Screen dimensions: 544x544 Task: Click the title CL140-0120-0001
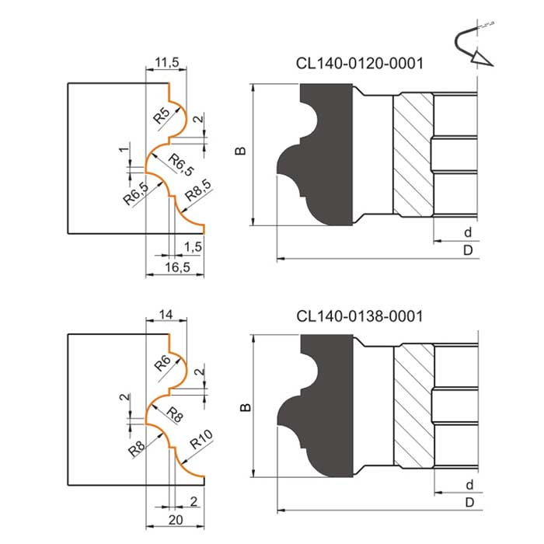click(359, 64)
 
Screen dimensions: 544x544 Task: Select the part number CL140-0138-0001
click(359, 316)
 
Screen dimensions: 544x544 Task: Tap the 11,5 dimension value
click(167, 62)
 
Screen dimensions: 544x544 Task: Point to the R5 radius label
click(162, 116)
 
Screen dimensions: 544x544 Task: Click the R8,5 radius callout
click(198, 190)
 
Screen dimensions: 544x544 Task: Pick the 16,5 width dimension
click(177, 267)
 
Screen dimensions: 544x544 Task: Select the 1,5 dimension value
click(193, 246)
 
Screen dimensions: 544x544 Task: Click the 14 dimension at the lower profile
click(166, 314)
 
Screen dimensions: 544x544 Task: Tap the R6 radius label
click(162, 363)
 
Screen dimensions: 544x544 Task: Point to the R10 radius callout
click(201, 439)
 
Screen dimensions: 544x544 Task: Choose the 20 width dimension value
click(176, 520)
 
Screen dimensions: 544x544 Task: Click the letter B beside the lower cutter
click(245, 407)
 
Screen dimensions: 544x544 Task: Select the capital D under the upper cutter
click(468, 249)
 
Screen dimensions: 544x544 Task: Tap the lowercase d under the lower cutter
click(469, 484)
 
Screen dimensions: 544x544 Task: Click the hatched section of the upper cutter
click(413, 155)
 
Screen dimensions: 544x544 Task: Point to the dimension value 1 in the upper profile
click(124, 149)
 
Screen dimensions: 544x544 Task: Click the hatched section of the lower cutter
click(414, 406)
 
